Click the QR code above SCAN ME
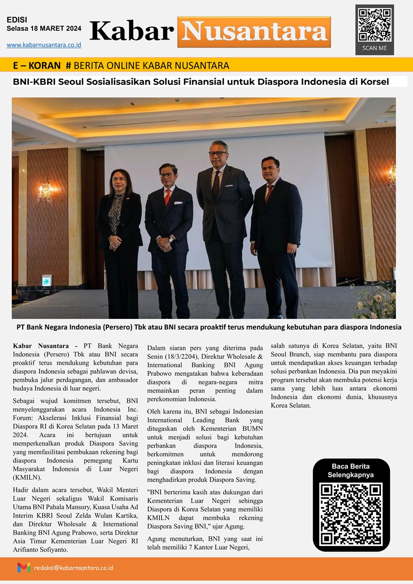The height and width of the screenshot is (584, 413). coord(374,24)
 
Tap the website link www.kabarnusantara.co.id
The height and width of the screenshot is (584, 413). coord(44,45)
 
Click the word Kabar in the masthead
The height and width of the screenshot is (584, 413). coord(131,32)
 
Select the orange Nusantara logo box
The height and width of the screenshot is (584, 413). coord(254,32)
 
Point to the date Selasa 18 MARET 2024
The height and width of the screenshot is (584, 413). coord(44,29)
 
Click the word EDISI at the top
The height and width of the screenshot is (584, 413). coord(17,20)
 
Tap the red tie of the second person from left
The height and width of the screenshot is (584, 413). coord(168,197)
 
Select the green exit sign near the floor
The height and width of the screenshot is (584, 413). coord(46,281)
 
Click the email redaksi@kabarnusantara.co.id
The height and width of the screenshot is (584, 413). coord(73,568)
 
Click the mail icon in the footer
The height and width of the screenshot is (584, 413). coord(24,568)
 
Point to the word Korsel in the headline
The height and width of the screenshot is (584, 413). coord(374,81)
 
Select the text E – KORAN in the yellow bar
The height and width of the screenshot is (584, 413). coord(37,65)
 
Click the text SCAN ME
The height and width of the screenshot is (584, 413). coord(374,48)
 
